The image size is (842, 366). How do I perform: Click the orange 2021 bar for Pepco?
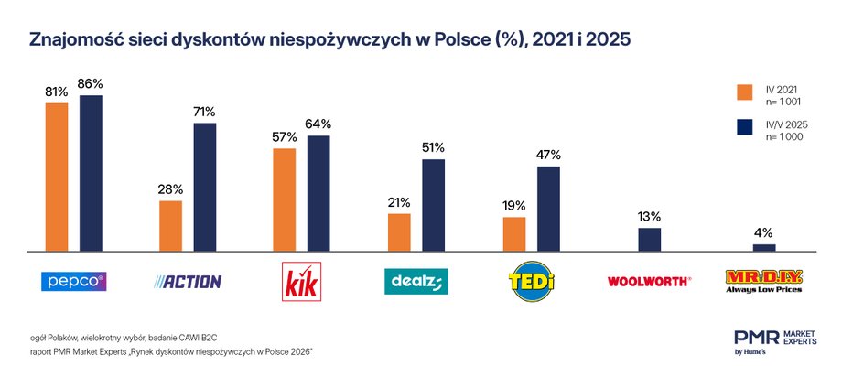click(x=57, y=177)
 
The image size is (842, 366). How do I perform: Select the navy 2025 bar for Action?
click(x=204, y=187)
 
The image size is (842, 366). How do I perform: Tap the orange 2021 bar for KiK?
click(x=285, y=199)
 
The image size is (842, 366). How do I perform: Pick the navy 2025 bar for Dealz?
click(x=433, y=205)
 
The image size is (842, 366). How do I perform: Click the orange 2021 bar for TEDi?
click(x=514, y=233)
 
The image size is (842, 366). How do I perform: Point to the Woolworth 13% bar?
click(x=649, y=239)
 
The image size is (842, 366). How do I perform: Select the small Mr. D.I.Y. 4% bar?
click(x=763, y=247)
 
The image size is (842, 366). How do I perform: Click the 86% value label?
click(x=91, y=84)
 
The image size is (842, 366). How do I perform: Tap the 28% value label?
click(x=171, y=189)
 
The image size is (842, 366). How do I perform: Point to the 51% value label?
click(x=433, y=147)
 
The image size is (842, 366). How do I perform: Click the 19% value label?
click(x=514, y=206)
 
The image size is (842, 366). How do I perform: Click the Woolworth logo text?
click(x=649, y=282)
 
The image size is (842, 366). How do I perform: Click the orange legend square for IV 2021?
click(x=745, y=91)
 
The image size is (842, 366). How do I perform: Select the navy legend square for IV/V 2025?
click(x=745, y=129)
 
